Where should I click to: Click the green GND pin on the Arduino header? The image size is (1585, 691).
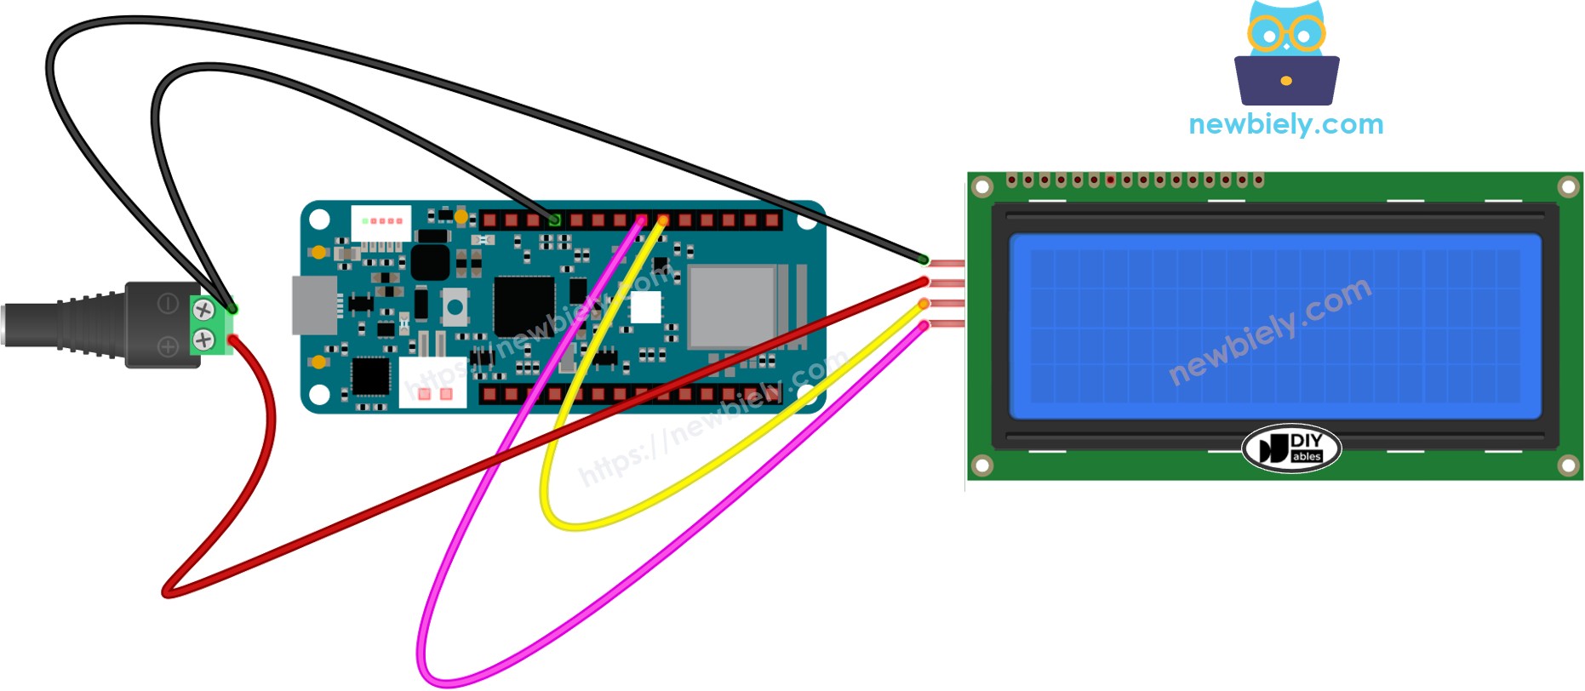click(555, 220)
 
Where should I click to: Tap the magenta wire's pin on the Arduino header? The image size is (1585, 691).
click(641, 220)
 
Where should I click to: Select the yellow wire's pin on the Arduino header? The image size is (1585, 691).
click(662, 220)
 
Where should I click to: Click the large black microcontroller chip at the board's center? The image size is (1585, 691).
click(524, 304)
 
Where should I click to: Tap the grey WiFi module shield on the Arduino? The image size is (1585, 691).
click(732, 306)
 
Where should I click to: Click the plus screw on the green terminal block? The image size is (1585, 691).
click(203, 340)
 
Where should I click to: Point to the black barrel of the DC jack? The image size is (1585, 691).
click(60, 324)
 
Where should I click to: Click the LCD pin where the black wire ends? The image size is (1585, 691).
click(924, 260)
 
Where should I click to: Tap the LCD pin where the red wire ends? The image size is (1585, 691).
click(924, 281)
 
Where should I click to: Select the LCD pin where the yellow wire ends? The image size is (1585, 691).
click(924, 303)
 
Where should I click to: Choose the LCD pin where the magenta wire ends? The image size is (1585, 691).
click(924, 325)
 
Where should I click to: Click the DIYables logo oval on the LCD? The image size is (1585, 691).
click(1291, 448)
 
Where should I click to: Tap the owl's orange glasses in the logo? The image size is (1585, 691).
click(1285, 33)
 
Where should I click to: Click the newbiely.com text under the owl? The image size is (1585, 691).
click(1285, 124)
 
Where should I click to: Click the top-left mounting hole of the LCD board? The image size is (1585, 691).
click(982, 186)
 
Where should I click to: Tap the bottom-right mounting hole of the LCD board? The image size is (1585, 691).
click(1568, 465)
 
